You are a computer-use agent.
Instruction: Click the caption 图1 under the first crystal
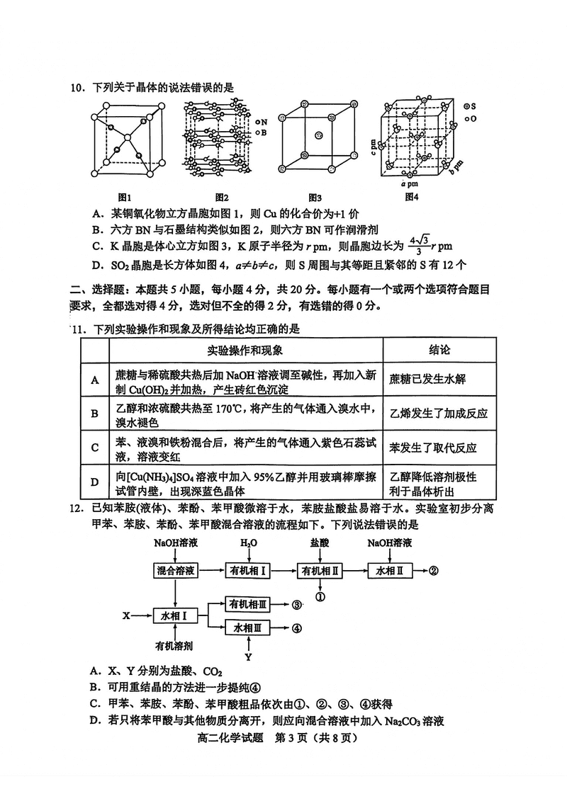point(125,197)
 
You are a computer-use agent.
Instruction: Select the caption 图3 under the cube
point(315,197)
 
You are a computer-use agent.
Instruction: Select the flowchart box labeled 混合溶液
point(175,571)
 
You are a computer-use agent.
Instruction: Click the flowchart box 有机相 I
point(247,571)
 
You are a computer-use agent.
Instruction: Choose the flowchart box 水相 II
point(389,571)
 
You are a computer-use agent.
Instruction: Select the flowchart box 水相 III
point(247,628)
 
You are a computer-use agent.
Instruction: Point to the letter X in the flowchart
point(126,615)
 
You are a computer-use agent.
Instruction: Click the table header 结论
point(439,351)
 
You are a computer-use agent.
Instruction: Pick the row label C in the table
point(95,447)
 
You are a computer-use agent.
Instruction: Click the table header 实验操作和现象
point(245,351)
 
